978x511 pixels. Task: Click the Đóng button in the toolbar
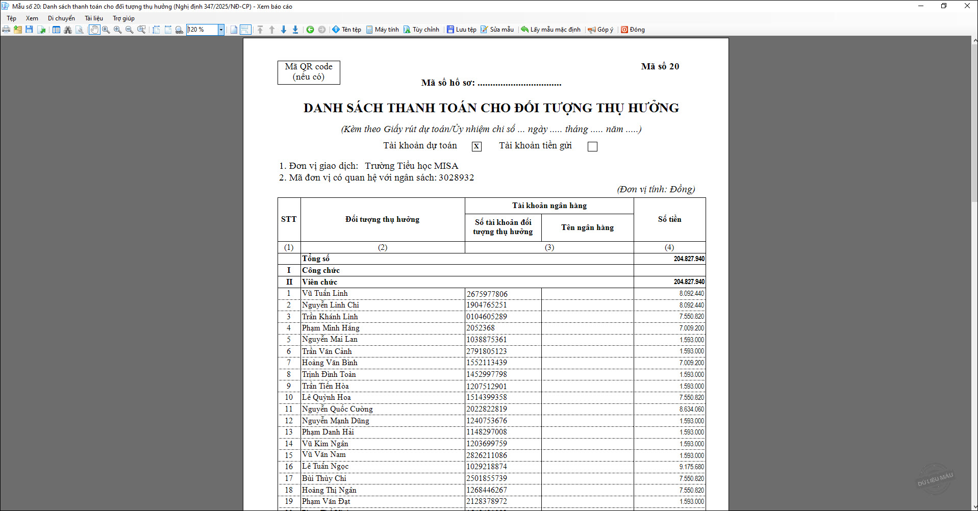tap(633, 30)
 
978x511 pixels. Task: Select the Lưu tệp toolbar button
tap(462, 30)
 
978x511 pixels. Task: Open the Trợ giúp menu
tap(123, 18)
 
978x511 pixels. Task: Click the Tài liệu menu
tap(94, 18)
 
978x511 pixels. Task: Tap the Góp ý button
tap(600, 30)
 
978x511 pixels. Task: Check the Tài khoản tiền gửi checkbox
tap(592, 147)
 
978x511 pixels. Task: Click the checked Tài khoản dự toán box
tap(477, 147)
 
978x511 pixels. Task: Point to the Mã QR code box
tap(309, 72)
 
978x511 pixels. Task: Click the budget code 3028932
tap(456, 177)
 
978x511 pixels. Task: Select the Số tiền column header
tap(669, 219)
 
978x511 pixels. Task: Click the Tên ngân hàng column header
tap(587, 227)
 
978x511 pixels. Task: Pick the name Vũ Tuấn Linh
tap(325, 293)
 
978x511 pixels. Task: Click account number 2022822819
tap(487, 409)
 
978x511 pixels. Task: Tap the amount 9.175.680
tap(691, 467)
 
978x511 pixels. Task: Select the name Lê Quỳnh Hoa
tap(327, 397)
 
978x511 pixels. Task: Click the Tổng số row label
tap(316, 259)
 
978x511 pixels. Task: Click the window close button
tap(967, 6)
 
